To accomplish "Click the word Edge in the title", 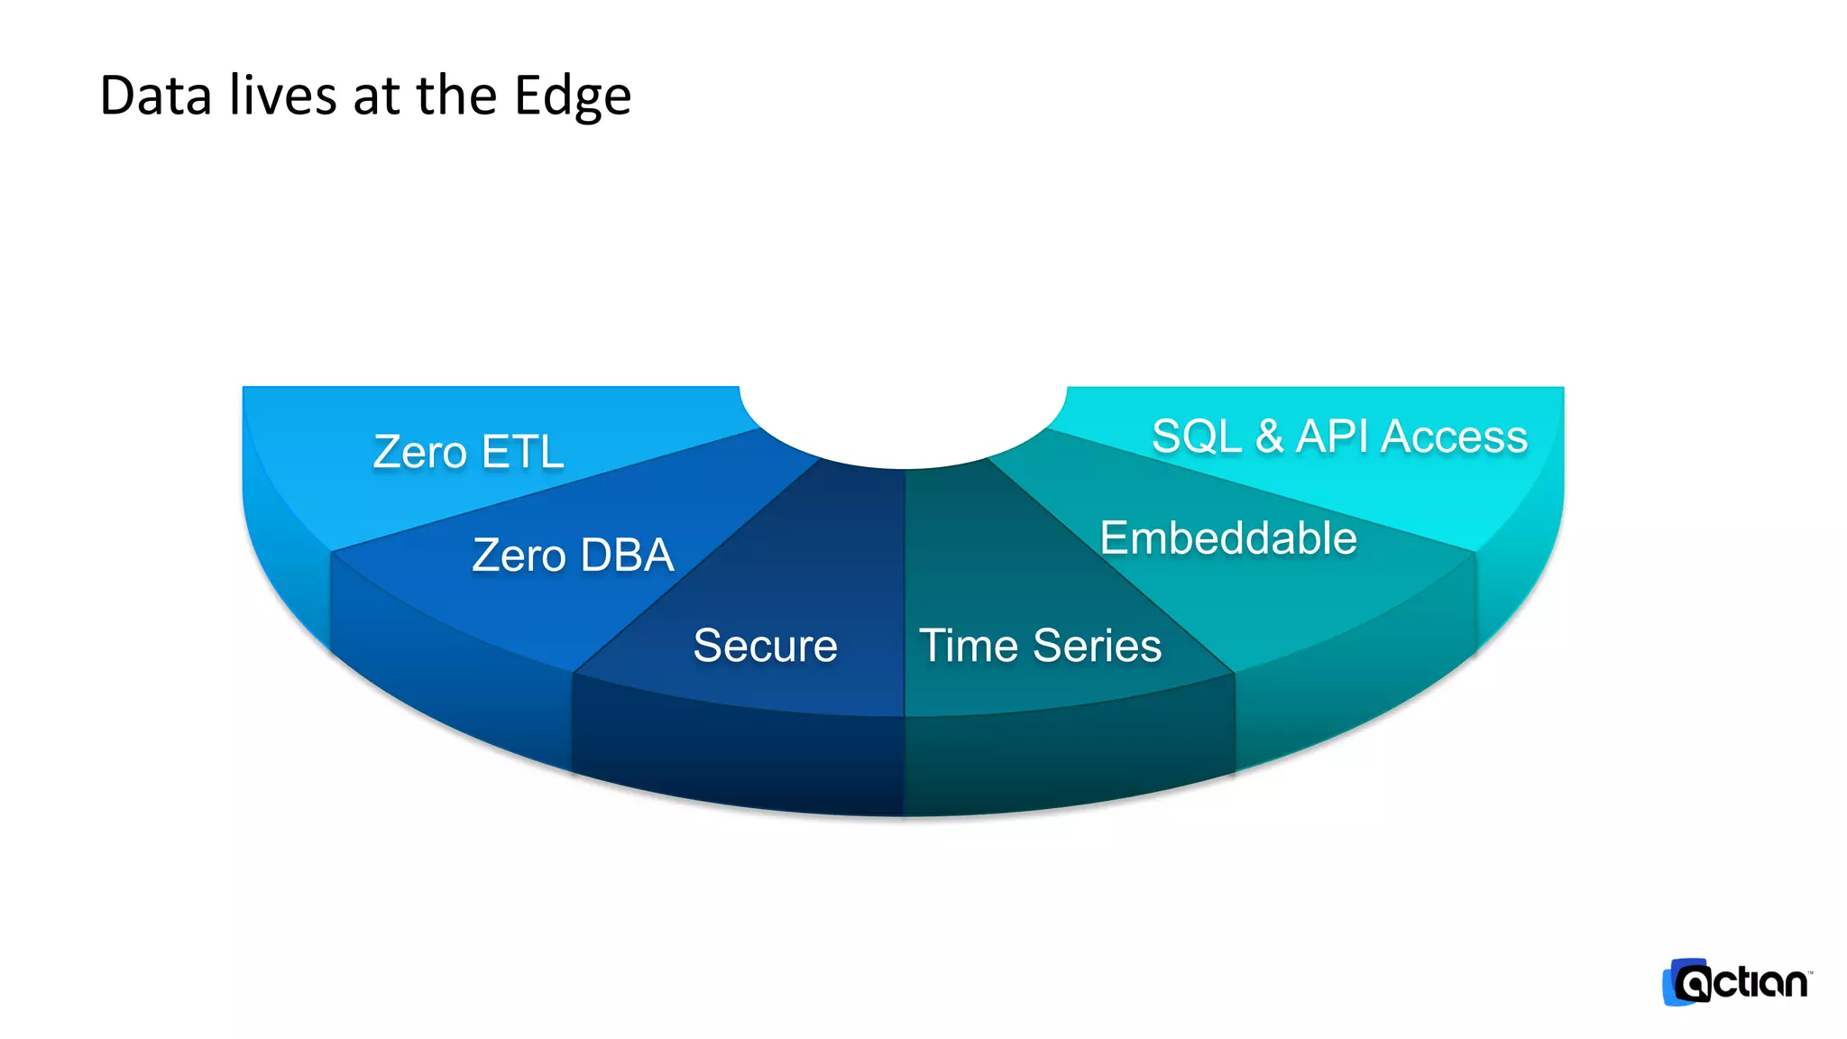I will point(572,97).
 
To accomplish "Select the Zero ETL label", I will point(468,451).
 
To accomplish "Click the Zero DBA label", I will point(573,555).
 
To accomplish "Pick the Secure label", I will point(765,646).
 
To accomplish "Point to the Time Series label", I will point(1040,646).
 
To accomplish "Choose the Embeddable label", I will point(1228,538).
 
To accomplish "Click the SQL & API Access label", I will point(1339,437).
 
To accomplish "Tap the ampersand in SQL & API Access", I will point(1269,437).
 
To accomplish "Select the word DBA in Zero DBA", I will point(627,555).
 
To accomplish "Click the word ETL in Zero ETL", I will point(522,451).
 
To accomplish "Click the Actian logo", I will point(1736,982).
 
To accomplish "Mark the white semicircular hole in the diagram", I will point(903,419).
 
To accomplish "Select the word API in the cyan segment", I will point(1336,437).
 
